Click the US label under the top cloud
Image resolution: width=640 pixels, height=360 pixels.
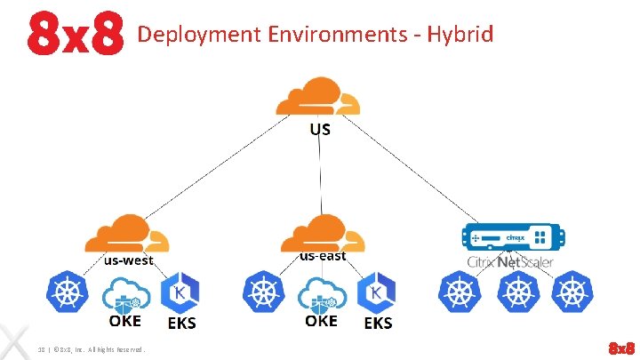click(320, 129)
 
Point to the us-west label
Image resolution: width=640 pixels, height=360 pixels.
click(129, 260)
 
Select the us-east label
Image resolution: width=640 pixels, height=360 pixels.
click(323, 256)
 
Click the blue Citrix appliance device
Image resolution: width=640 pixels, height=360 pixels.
click(510, 238)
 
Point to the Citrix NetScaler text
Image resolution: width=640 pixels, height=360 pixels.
click(510, 261)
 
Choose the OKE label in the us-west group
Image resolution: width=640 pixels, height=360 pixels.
click(125, 321)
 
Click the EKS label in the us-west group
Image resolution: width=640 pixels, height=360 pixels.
click(181, 324)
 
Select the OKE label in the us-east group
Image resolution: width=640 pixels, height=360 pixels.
click(321, 321)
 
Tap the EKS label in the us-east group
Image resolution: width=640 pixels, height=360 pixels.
click(378, 324)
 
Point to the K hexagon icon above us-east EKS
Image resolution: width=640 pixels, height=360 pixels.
click(377, 293)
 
